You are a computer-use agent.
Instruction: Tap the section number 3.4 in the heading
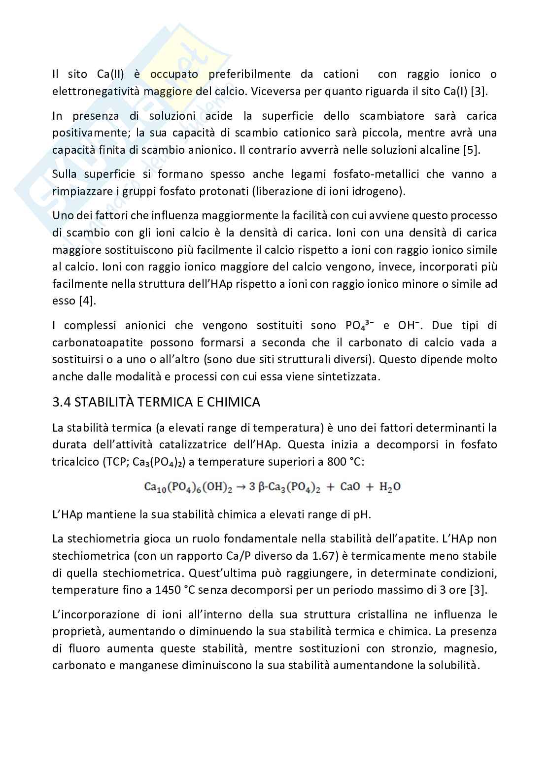click(62, 403)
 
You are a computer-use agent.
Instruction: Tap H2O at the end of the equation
click(390, 487)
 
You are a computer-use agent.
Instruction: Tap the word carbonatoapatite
click(92, 342)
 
